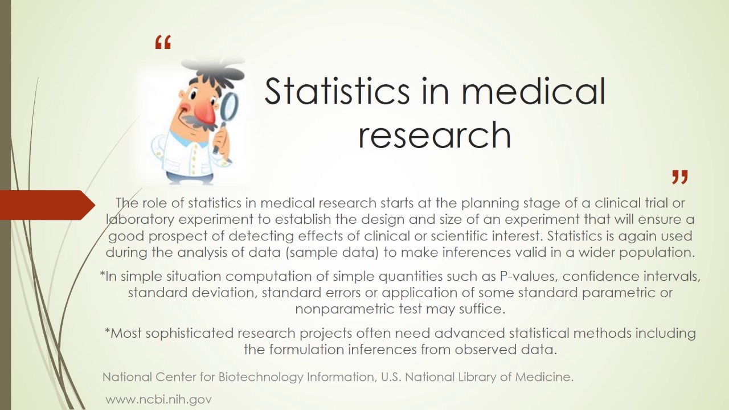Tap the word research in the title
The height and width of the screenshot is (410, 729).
434,136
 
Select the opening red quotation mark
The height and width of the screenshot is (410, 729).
163,43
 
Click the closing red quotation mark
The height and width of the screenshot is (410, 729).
679,177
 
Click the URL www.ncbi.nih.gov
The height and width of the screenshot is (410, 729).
158,399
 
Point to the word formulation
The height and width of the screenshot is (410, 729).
308,350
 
